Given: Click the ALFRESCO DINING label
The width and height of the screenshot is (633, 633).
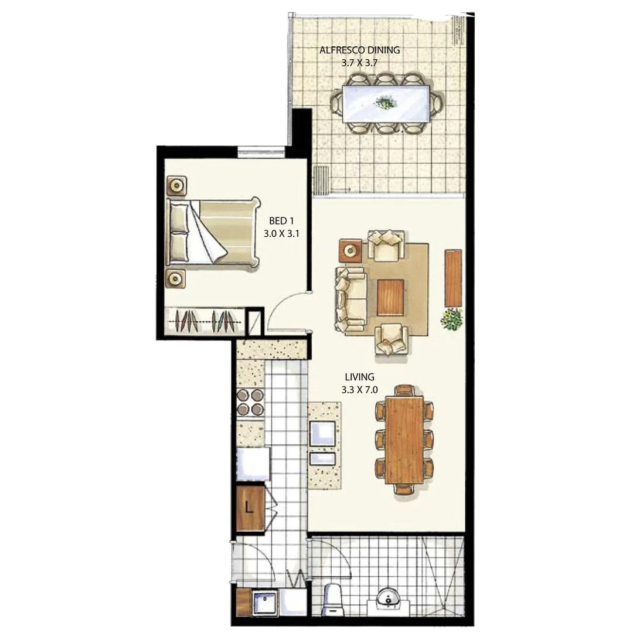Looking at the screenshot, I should pyautogui.click(x=359, y=50).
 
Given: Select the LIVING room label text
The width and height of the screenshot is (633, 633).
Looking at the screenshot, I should pyautogui.click(x=359, y=377).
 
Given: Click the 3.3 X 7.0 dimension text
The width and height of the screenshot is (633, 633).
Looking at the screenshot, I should pyautogui.click(x=359, y=389).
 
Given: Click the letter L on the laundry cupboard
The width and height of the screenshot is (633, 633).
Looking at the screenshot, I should pyautogui.click(x=249, y=508).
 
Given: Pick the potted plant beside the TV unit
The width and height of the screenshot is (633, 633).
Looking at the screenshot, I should pyautogui.click(x=452, y=320).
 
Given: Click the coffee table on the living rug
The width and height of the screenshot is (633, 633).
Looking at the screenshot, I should pyautogui.click(x=391, y=297).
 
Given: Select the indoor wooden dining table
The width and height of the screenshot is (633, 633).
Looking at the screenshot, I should pyautogui.click(x=404, y=439).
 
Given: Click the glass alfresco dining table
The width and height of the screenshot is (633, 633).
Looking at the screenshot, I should pyautogui.click(x=387, y=104).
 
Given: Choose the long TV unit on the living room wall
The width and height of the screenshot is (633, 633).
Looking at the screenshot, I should pyautogui.click(x=452, y=278).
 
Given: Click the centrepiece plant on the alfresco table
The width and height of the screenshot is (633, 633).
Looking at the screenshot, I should pyautogui.click(x=385, y=104).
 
